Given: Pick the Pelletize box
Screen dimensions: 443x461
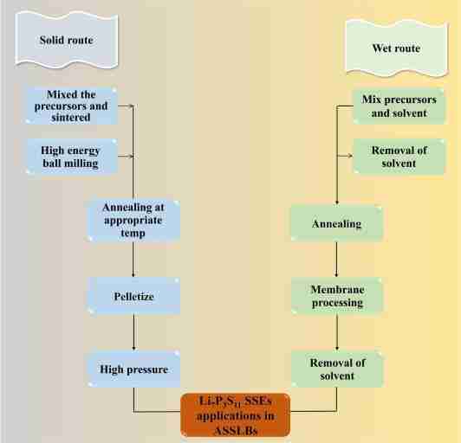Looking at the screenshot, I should point(133,296).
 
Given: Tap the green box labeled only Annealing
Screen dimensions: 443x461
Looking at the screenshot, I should point(335,223).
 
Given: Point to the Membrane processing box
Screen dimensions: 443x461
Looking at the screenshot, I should point(335,296).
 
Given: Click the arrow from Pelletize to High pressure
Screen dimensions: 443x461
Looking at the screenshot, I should point(133,332).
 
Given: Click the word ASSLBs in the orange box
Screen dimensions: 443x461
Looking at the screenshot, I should point(233,426).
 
